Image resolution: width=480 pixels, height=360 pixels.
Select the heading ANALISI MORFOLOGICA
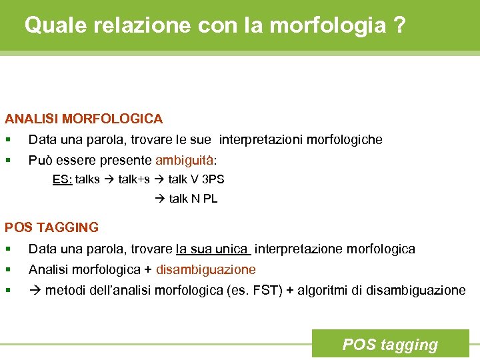[84, 119]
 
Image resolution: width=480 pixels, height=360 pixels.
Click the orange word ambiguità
[185, 161]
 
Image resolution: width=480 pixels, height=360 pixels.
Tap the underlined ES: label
[62, 179]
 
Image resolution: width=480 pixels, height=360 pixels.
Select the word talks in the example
[87, 179]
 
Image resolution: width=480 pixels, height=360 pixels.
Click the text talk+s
[134, 179]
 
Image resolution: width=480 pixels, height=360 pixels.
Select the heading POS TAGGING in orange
[52, 227]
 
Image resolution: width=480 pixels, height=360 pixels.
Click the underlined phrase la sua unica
[212, 249]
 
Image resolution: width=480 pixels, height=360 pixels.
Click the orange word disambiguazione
[206, 270]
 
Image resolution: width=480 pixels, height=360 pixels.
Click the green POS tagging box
[390, 344]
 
